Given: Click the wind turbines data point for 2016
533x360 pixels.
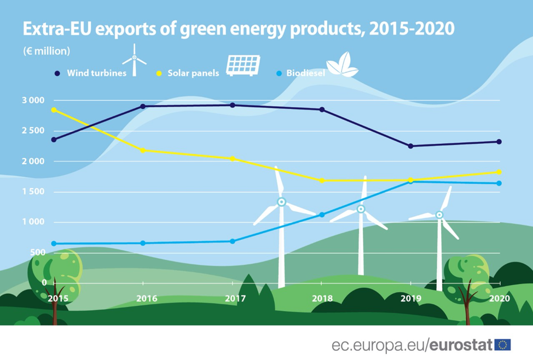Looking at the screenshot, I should tap(143, 106).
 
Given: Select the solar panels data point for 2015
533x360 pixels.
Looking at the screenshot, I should tap(54, 110).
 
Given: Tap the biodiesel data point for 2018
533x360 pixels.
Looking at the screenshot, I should tap(322, 214).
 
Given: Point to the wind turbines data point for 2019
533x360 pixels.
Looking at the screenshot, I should tap(410, 146).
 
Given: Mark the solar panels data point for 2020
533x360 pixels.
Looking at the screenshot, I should tap(499, 172).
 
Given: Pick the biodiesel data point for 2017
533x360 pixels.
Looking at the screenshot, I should tap(233, 241).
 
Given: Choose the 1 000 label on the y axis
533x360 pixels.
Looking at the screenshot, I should tap(32, 222).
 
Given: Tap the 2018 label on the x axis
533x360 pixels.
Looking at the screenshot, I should tap(322, 299).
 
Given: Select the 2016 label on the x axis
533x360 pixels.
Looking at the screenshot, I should tap(146, 299).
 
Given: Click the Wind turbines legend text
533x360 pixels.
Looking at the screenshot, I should tap(97, 72).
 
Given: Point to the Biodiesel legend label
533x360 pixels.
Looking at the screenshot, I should tap(305, 72).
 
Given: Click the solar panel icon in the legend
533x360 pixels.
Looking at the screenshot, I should tap(243, 65).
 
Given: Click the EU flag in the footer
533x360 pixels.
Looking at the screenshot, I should tap(502, 345).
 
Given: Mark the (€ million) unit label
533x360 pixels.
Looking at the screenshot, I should tap(47, 51).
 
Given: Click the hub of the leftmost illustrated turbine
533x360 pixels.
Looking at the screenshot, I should tap(281, 202).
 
